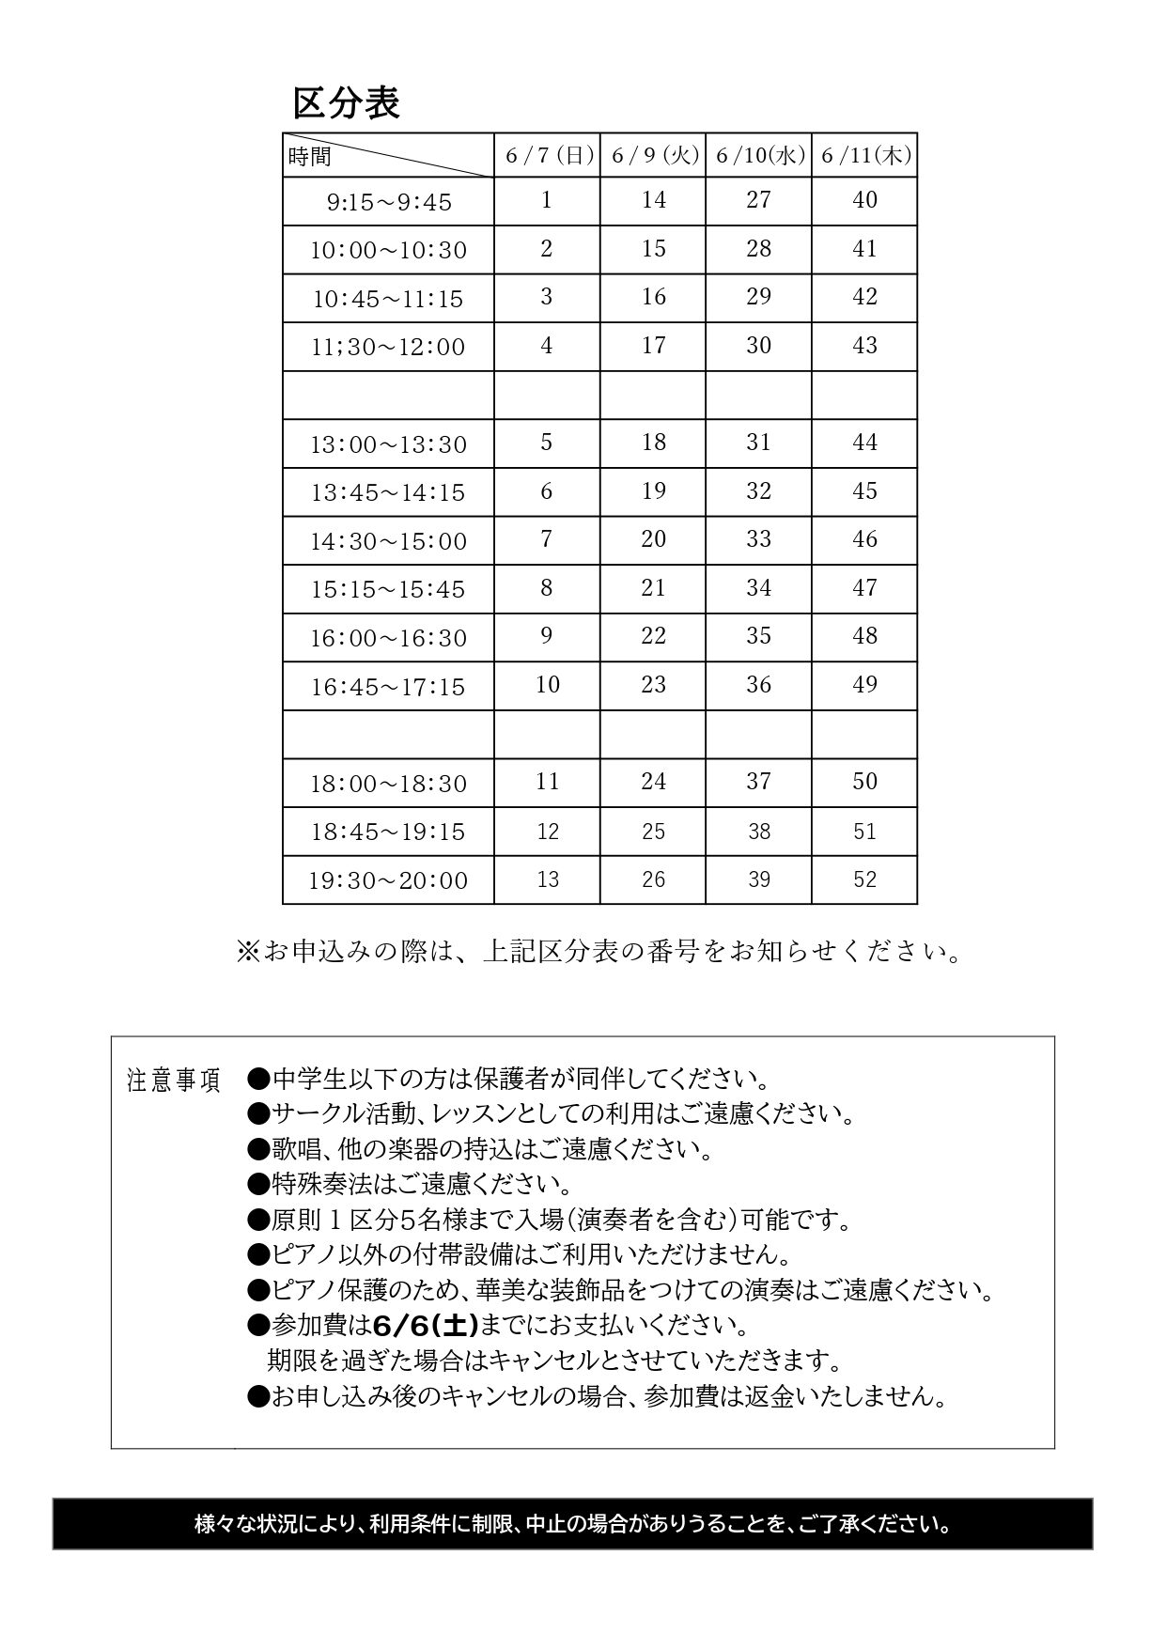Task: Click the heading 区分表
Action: point(347,103)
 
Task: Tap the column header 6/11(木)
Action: point(865,155)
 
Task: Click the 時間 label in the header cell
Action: point(310,157)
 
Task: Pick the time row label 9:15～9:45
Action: point(389,202)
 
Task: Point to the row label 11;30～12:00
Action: point(389,348)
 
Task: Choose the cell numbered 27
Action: point(758,200)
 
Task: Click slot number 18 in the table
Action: point(653,443)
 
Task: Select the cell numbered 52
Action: point(864,879)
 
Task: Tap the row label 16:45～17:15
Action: point(389,687)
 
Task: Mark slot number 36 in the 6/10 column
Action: point(758,685)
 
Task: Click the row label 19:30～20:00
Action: point(389,880)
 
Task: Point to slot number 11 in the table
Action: point(547,782)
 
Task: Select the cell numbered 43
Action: point(864,346)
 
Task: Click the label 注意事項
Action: point(174,1081)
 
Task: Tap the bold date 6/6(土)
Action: point(426,1326)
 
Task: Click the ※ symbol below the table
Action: point(247,953)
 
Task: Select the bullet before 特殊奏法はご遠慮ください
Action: point(258,1184)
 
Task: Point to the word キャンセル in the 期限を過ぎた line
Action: point(545,1360)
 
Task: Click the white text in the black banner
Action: point(572,1523)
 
